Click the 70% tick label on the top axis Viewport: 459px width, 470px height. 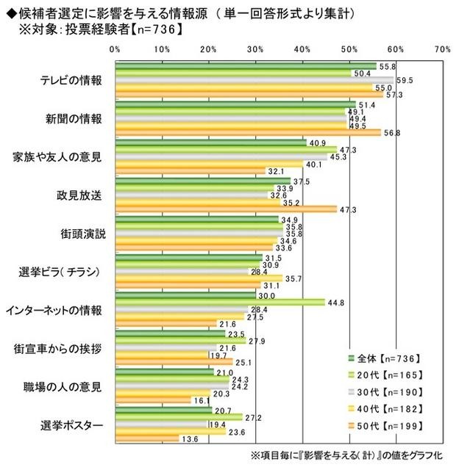[x=442, y=49]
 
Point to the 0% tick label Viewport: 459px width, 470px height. [x=115, y=49]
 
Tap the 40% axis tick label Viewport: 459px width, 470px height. [x=302, y=49]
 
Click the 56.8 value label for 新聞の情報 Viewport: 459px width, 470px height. [x=394, y=133]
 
